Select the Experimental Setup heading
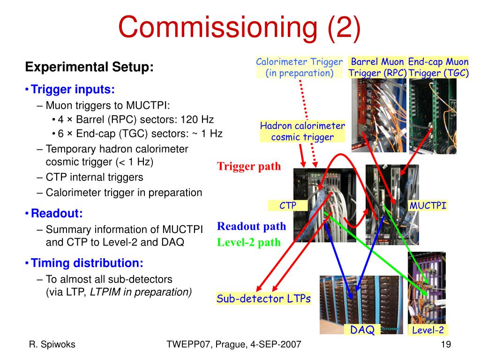[x=89, y=67]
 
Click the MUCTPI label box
[x=427, y=205]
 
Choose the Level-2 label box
[x=427, y=330]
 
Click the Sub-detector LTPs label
[x=263, y=299]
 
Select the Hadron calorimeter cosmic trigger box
[x=302, y=131]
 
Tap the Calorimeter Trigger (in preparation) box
[x=300, y=67]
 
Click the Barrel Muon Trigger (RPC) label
[x=377, y=67]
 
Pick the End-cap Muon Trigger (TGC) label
[x=438, y=67]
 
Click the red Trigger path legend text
[x=249, y=166]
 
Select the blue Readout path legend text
[x=251, y=226]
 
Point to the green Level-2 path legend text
[x=249, y=242]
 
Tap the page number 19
[x=446, y=345]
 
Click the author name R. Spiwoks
[x=52, y=345]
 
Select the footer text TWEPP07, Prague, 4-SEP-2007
[x=234, y=345]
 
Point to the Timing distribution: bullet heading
[x=87, y=262]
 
